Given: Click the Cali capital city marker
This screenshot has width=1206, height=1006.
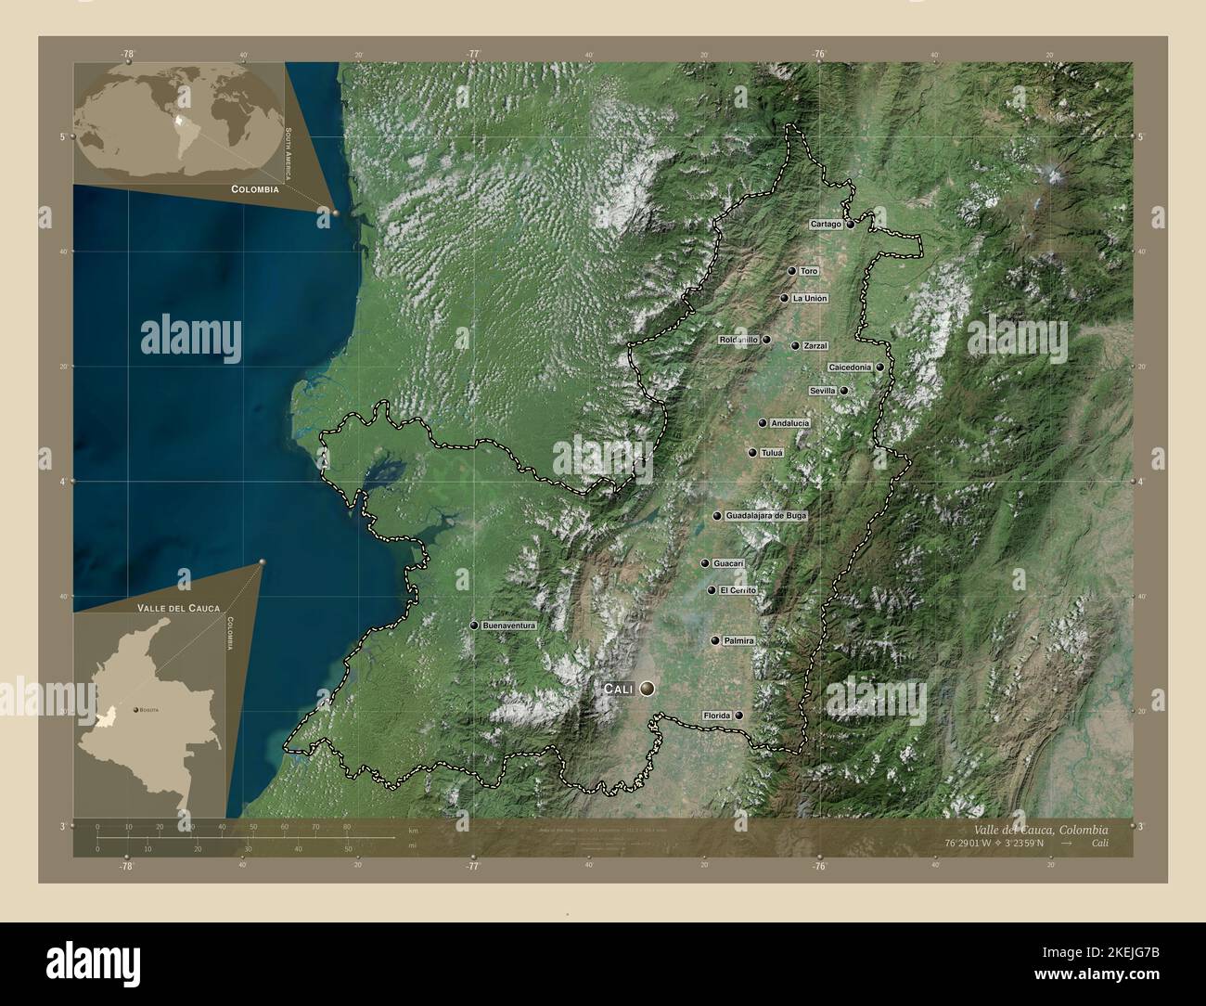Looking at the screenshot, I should pos(647,689).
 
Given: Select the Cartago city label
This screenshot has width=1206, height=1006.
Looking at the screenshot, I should pos(826,225).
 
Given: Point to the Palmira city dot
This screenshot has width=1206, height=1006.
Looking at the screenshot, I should pos(715,640).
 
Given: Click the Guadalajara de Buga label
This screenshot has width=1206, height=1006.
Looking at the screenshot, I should pos(766,516).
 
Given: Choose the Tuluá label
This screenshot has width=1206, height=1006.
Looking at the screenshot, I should pos(772,453).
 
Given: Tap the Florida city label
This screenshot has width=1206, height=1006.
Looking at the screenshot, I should pos(717,716).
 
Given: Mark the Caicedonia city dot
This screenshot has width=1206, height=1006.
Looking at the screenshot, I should pos(879,368).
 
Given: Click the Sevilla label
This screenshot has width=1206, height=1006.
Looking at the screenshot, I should pos(823,392).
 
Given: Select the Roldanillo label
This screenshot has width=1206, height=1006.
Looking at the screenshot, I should pos(738,341).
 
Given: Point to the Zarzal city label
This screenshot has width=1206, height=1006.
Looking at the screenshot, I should pos(815,346).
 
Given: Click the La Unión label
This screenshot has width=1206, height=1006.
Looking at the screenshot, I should pos(809,299).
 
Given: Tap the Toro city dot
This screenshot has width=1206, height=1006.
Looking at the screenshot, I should pos(792,271).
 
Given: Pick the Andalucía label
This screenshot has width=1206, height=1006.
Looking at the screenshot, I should pos(789,423).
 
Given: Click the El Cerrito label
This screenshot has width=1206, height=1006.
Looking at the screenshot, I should pos(738,591).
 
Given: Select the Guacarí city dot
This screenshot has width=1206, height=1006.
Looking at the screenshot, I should pos(705,563).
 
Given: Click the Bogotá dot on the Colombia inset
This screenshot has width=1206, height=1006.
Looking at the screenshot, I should pos(136,709).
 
